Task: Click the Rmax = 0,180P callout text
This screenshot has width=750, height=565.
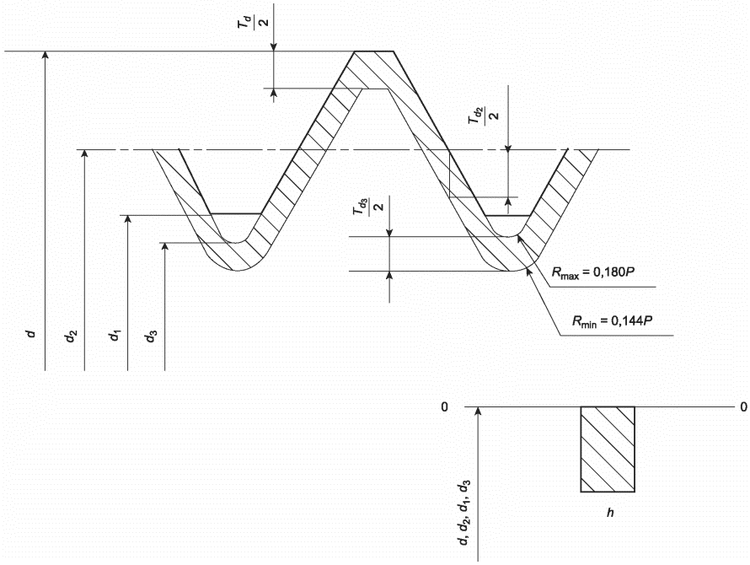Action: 593,272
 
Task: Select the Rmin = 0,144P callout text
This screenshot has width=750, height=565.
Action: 613,320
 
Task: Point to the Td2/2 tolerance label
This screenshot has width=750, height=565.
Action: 484,116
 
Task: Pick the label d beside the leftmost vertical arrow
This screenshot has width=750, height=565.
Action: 31,333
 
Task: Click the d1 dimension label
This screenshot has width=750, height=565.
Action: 115,335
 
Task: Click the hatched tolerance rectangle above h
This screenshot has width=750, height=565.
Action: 608,449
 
